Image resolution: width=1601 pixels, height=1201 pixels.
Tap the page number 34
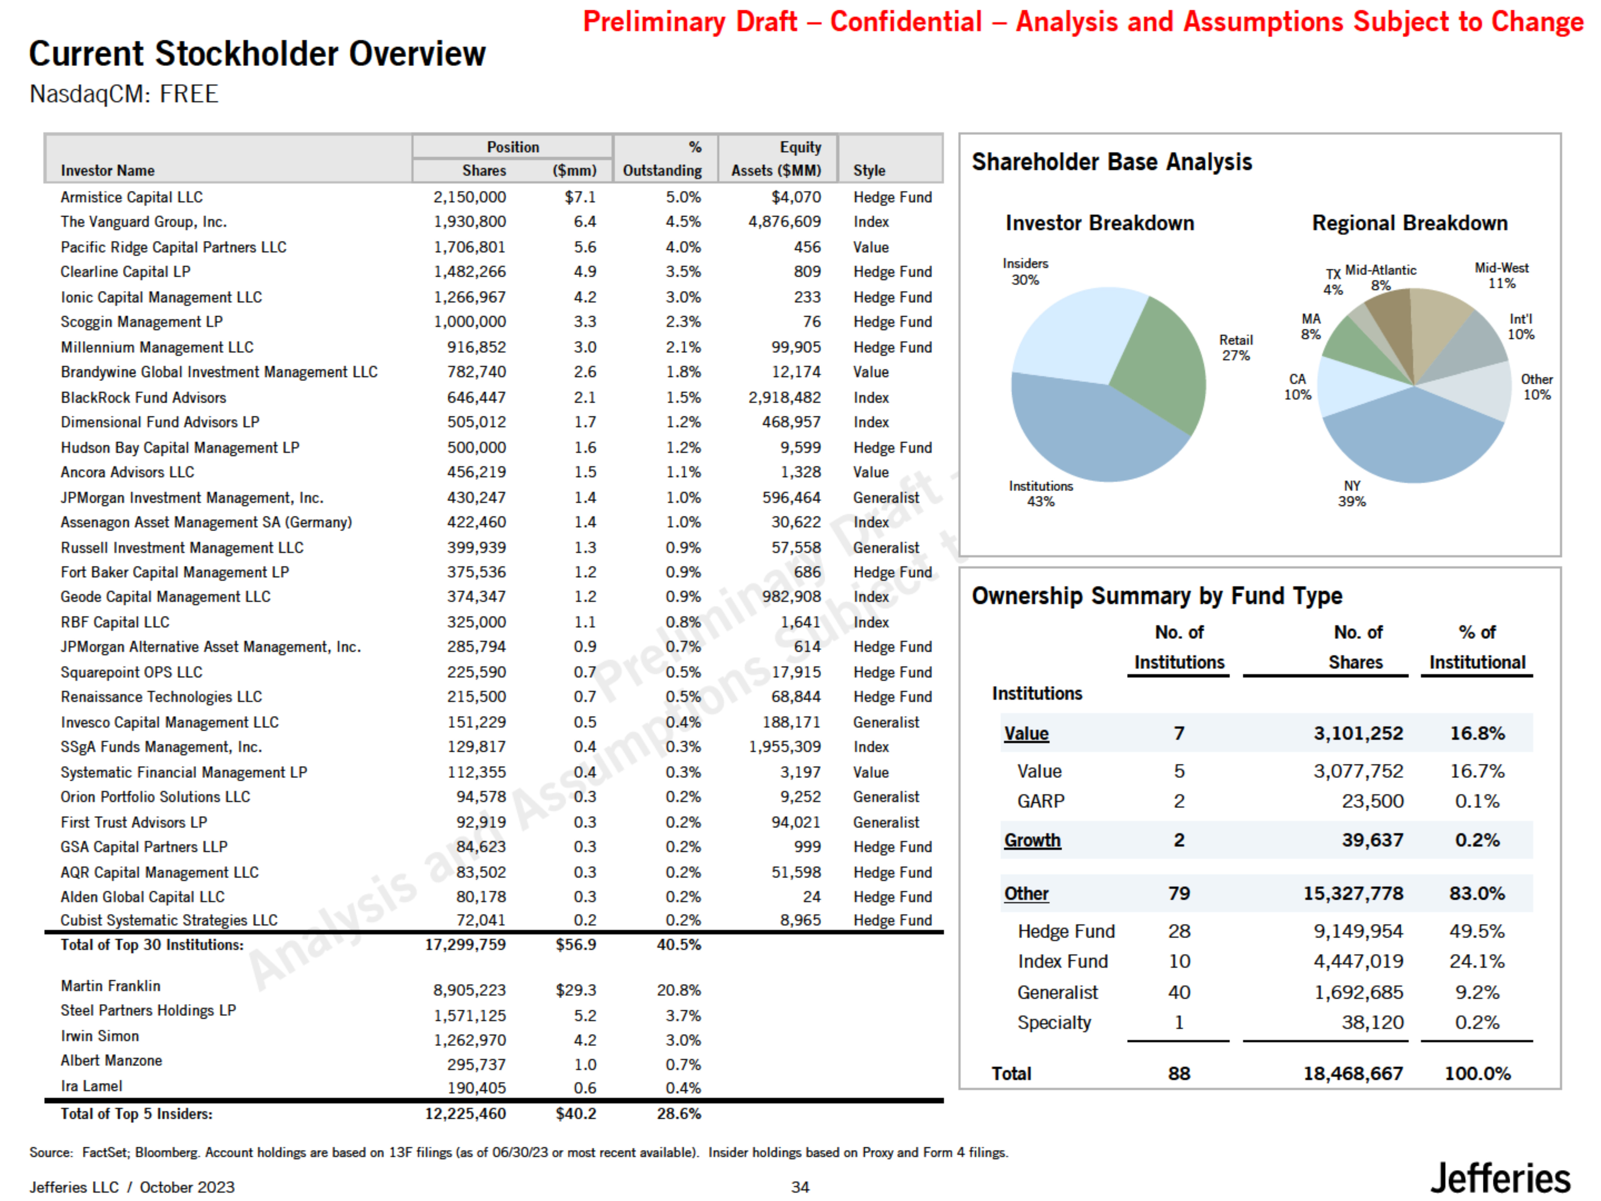click(800, 1187)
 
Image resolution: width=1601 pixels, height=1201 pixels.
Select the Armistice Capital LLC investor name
click(132, 197)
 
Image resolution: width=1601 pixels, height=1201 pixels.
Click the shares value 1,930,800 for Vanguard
click(470, 222)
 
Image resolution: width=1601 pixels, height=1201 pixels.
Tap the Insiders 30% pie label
click(1025, 271)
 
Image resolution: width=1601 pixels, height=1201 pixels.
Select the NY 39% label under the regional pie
click(1351, 494)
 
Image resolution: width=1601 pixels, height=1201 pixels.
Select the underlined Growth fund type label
click(1032, 840)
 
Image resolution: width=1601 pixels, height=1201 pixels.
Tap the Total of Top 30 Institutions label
click(152, 945)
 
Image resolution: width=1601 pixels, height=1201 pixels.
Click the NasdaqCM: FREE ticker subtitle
click(124, 94)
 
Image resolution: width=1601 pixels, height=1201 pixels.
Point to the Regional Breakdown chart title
click(1409, 223)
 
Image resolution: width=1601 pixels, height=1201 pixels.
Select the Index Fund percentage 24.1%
click(1476, 961)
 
